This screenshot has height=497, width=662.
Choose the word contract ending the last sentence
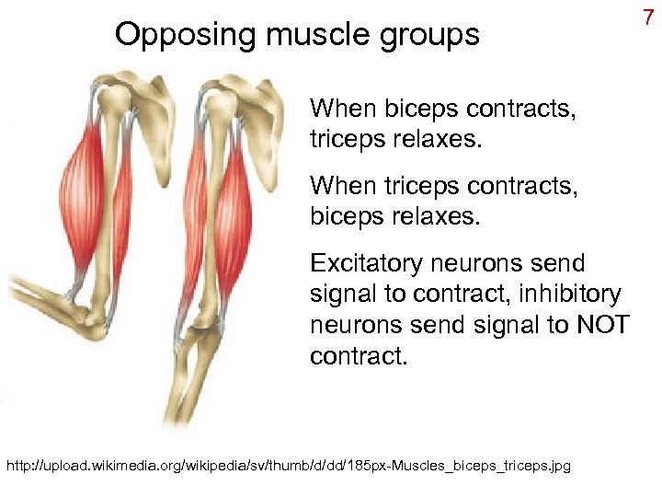356,355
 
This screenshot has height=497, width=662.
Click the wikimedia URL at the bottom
289,467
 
